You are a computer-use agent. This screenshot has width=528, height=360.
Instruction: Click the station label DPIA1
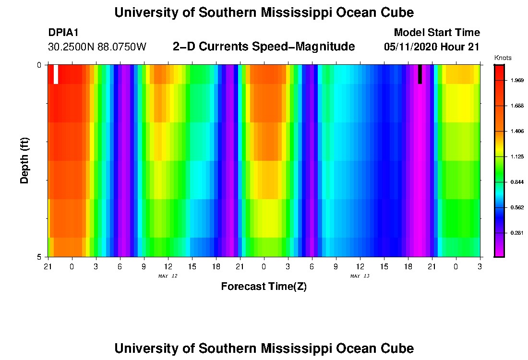pos(63,33)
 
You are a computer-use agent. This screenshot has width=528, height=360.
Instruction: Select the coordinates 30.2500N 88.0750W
pos(97,47)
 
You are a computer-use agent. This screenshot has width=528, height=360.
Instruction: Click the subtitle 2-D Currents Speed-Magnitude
pos(264,47)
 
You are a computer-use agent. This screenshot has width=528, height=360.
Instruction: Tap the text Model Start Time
pos(436,33)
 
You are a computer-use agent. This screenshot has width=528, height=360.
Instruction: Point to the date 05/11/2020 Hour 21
pos(432,47)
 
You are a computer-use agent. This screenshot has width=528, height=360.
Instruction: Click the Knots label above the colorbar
pos(503,58)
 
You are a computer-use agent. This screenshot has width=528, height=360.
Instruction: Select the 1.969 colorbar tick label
pos(516,80)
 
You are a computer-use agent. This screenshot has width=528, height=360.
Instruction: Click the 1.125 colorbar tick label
pos(516,156)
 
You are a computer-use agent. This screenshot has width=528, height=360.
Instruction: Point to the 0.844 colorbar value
pos(516,182)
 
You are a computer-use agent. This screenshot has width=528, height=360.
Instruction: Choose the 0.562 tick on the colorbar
pos(516,207)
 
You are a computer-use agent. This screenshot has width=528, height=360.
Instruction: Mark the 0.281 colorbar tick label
pos(516,233)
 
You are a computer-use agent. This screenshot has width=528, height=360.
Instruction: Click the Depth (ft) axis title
pos(24,161)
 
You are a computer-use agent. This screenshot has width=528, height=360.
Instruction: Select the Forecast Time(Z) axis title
pos(264,287)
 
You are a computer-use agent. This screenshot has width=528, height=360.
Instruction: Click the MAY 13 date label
pos(360,276)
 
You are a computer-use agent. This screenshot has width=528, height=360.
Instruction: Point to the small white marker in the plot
pos(56,74)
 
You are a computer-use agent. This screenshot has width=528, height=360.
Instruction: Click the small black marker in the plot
pos(420,74)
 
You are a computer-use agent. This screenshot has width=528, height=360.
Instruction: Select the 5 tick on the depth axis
pos(39,257)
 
